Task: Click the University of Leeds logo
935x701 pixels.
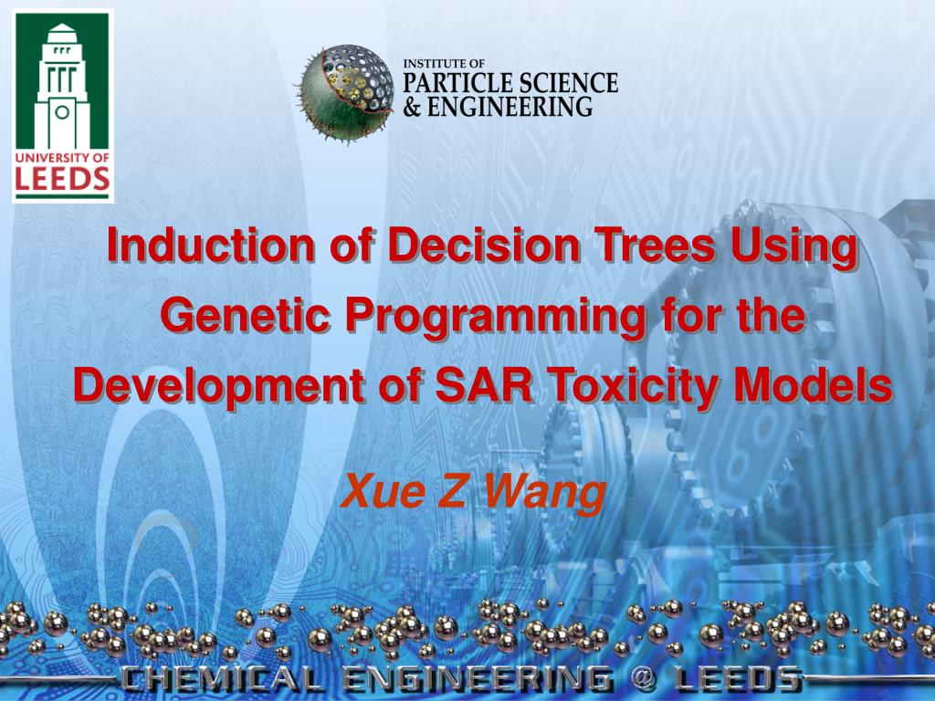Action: point(62,105)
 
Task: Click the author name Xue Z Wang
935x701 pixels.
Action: point(472,493)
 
